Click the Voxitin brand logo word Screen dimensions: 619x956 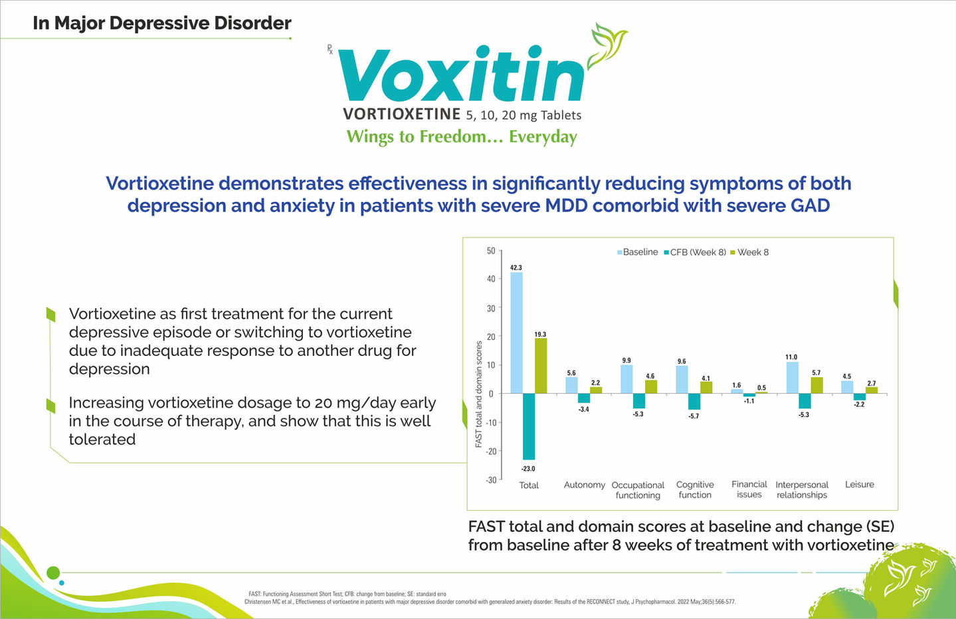(462, 76)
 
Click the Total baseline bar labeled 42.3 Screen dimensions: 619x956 (516, 332)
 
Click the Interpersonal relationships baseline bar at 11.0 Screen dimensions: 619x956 (792, 377)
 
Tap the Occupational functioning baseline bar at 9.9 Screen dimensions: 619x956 (626, 379)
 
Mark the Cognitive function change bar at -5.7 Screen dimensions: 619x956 (694, 402)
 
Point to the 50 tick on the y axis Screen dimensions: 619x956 (491, 251)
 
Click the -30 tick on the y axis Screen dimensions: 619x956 (490, 480)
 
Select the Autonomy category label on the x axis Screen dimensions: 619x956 (585, 485)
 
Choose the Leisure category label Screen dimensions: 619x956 (860, 485)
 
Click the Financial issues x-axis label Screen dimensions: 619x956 (749, 489)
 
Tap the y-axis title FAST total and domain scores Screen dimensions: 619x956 (479, 395)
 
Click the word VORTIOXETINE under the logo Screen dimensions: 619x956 (402, 114)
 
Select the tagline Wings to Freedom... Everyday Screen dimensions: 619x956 (462, 137)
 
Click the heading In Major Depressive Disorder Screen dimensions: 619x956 (162, 23)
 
